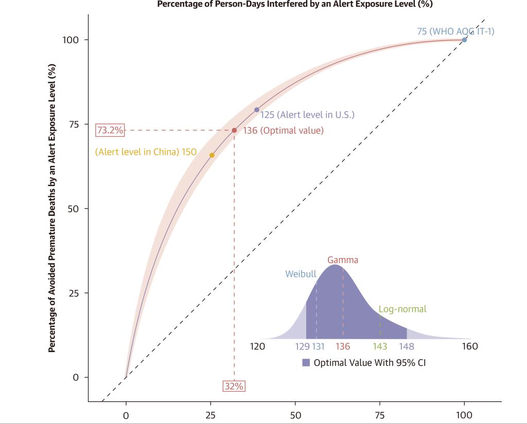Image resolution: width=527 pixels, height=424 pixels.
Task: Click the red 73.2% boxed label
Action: click(x=110, y=131)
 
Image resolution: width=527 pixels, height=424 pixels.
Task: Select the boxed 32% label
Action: click(x=234, y=386)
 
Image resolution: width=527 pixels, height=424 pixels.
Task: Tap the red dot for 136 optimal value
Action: click(x=234, y=131)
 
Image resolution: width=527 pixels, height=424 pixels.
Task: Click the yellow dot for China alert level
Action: click(x=212, y=155)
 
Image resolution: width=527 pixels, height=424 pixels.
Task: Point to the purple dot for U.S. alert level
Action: click(x=257, y=110)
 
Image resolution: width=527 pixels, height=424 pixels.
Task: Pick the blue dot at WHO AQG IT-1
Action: click(x=464, y=40)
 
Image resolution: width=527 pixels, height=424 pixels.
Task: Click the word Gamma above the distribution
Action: click(x=343, y=260)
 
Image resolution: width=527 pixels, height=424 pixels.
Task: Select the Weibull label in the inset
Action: click(x=301, y=274)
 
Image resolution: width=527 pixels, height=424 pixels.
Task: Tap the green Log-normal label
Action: click(x=402, y=309)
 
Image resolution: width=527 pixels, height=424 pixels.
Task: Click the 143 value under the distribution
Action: click(x=380, y=346)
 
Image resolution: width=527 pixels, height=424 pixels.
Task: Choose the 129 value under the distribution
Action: click(x=302, y=346)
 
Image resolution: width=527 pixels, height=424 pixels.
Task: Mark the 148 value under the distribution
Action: click(x=407, y=346)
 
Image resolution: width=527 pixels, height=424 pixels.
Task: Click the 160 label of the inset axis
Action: click(x=470, y=346)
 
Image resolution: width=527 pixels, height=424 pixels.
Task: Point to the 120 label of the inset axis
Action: click(x=257, y=346)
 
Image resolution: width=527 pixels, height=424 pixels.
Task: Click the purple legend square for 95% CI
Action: click(x=306, y=363)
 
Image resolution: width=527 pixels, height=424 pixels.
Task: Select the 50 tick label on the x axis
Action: click(x=295, y=415)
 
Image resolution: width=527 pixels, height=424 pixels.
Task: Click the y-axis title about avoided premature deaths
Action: click(x=51, y=208)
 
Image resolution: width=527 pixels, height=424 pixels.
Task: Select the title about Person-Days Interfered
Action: click(x=295, y=5)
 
